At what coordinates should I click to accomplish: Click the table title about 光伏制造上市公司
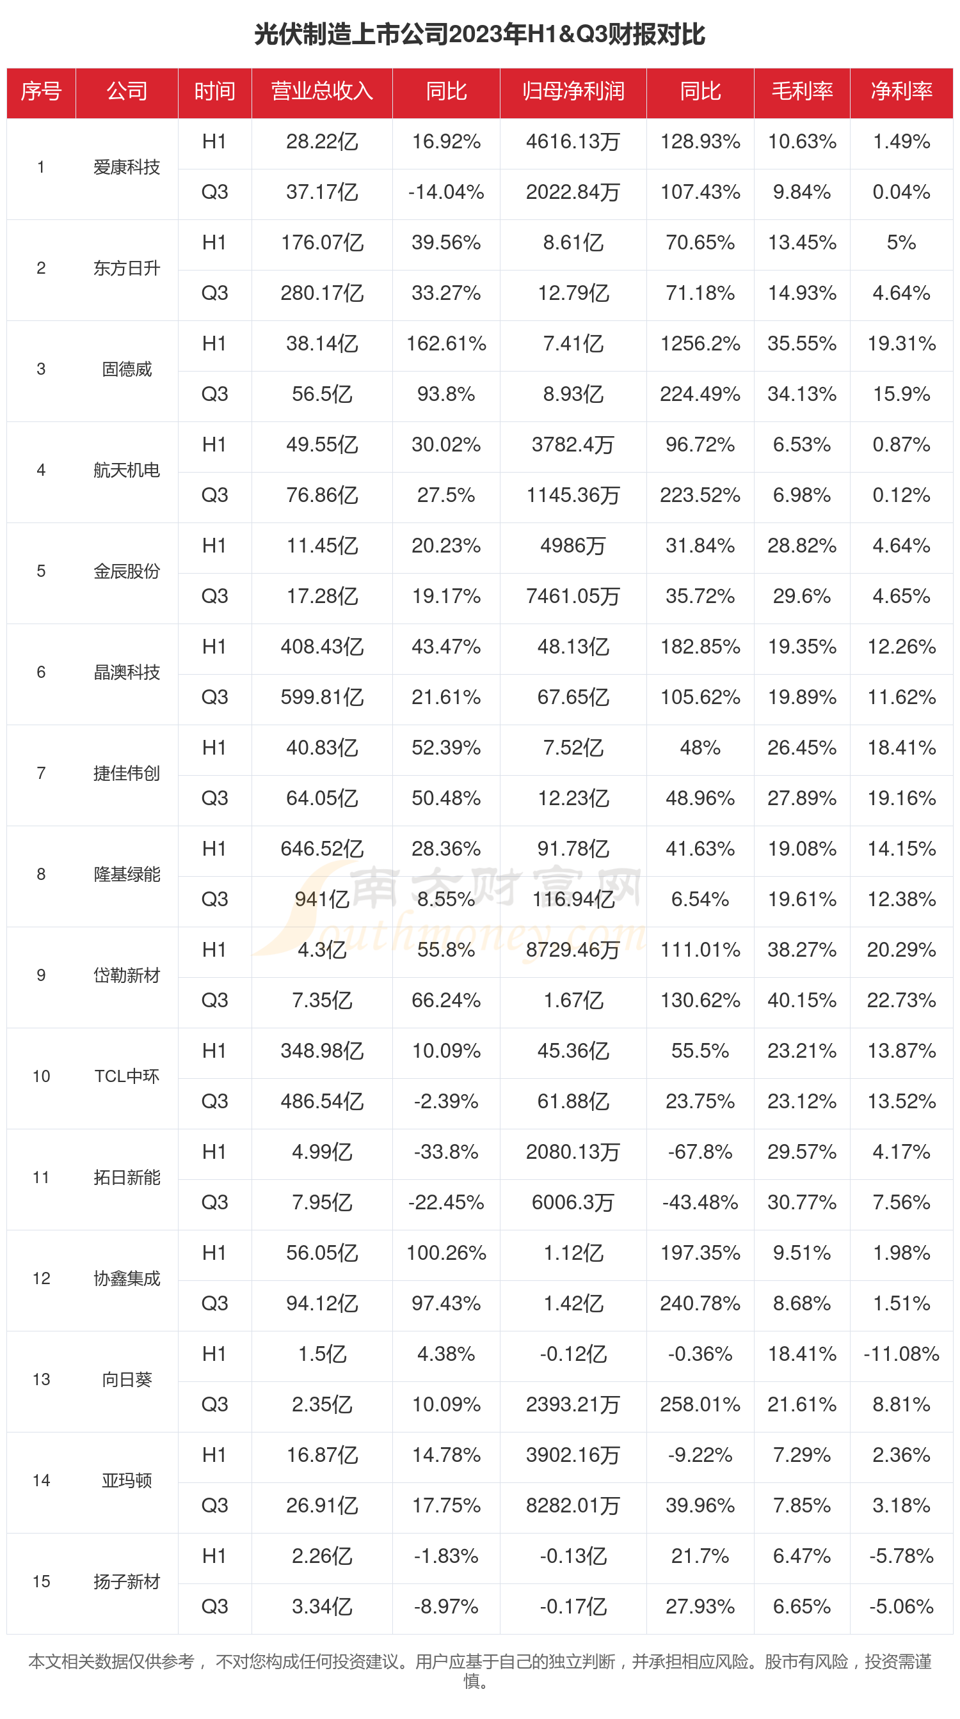(479, 34)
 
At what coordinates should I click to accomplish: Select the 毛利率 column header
(801, 91)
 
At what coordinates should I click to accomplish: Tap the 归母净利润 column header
(572, 91)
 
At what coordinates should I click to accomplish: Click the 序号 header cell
(41, 91)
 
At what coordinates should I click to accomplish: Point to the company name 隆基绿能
(127, 874)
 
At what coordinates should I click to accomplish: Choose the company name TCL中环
(127, 1076)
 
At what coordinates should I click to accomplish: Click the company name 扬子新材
(127, 1581)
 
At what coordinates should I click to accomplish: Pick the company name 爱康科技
(127, 167)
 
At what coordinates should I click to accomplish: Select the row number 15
(41, 1581)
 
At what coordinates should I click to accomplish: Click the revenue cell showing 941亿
(322, 899)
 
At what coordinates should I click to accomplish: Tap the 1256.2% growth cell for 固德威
(700, 343)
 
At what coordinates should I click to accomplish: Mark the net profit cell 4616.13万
(572, 141)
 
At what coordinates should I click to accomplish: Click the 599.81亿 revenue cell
(322, 696)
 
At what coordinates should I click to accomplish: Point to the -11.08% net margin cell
(900, 1353)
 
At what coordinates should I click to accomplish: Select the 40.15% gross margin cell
(801, 1000)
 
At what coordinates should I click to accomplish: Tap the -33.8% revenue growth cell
(445, 1151)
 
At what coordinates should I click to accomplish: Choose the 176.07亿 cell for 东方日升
(322, 242)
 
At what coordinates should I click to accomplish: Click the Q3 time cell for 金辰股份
(214, 596)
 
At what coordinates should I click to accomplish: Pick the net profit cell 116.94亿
(572, 899)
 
